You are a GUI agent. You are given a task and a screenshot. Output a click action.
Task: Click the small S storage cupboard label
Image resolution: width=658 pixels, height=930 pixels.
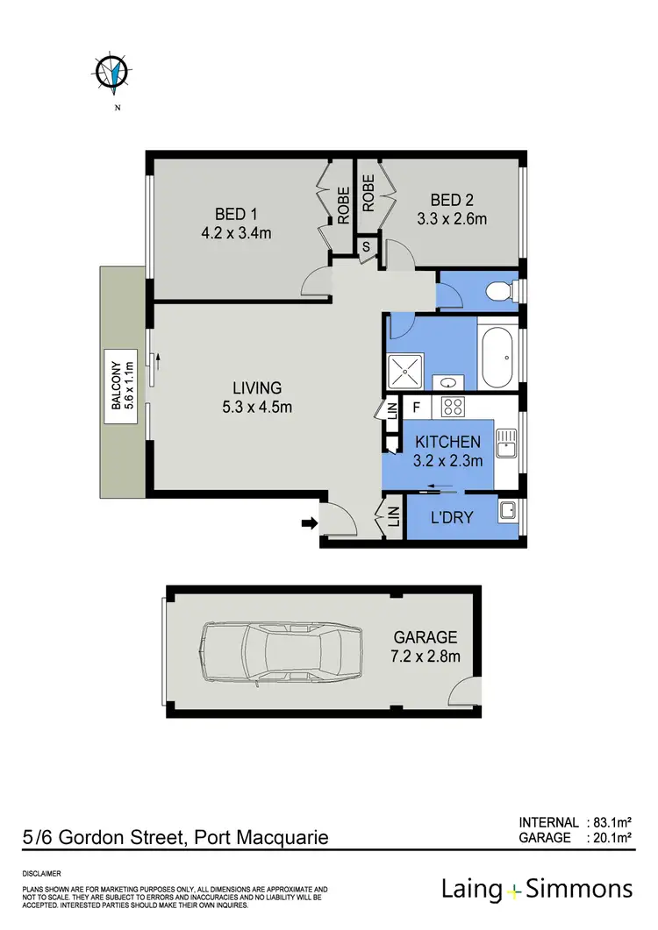click(x=366, y=247)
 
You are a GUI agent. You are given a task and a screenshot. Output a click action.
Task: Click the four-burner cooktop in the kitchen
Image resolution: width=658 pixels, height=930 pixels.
click(x=452, y=406)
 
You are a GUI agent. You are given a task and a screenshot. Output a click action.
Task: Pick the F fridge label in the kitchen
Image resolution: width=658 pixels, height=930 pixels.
click(x=417, y=406)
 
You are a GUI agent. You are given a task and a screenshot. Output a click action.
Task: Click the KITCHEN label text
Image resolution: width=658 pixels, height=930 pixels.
click(x=447, y=442)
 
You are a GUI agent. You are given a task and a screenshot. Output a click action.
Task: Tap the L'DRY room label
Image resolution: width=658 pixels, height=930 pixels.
click(x=452, y=517)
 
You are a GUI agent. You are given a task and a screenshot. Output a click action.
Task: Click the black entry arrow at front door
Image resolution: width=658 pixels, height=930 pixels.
click(x=309, y=523)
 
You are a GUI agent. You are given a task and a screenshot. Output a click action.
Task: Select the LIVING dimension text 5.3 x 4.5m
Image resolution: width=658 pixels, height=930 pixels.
click(x=257, y=407)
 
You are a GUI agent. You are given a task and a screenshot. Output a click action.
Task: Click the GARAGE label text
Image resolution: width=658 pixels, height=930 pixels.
click(x=426, y=638)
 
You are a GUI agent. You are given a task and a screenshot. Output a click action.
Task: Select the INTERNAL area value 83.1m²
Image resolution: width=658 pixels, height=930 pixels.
click(x=611, y=822)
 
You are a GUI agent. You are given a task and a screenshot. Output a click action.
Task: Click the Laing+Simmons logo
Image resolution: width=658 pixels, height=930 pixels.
click(x=536, y=889)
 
